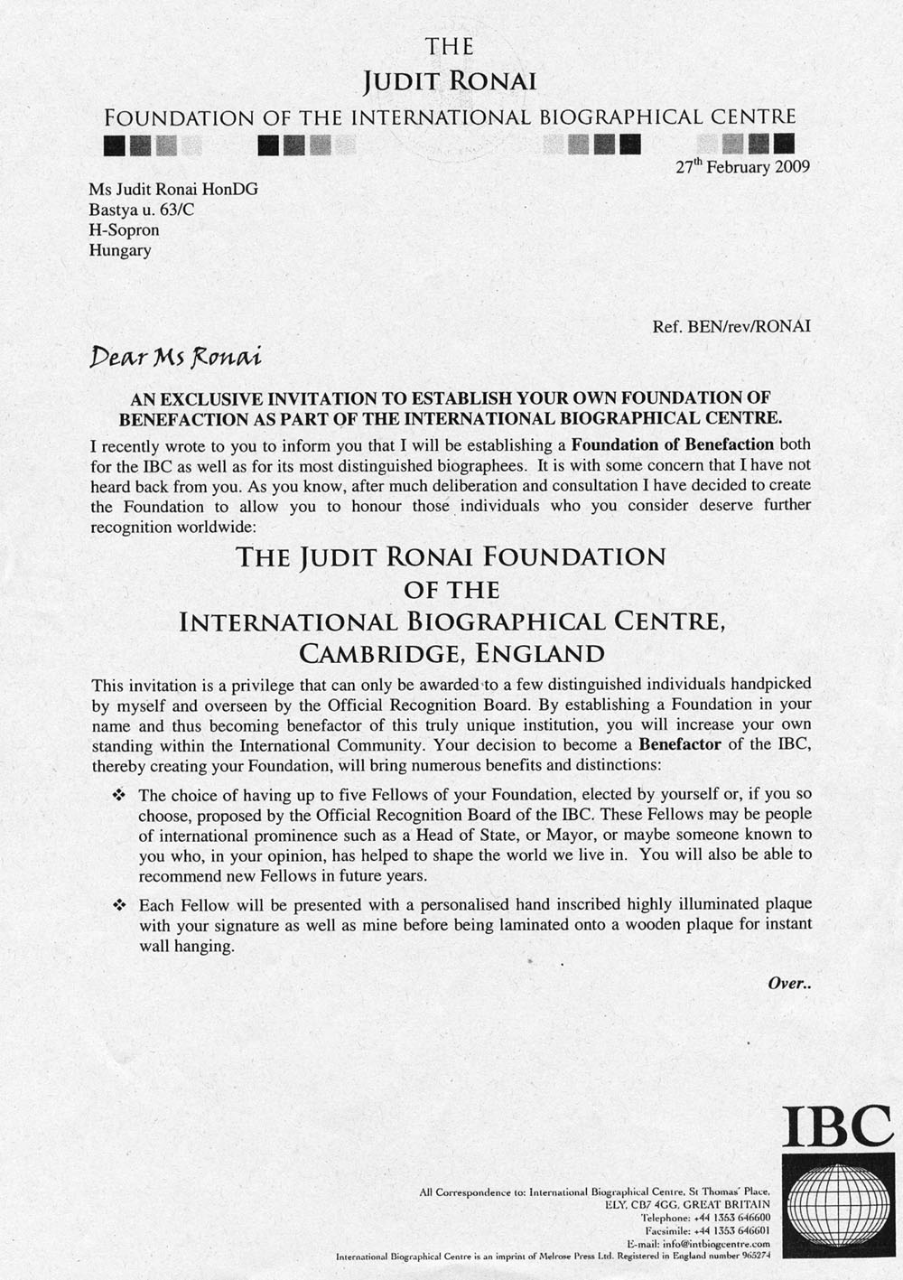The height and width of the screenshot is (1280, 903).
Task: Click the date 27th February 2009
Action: (x=742, y=167)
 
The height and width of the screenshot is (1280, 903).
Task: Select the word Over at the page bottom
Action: (x=788, y=984)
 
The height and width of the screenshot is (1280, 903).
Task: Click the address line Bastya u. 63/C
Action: (x=141, y=210)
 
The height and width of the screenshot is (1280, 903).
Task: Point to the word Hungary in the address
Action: (x=120, y=250)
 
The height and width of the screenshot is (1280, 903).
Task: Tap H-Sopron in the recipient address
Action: (x=124, y=229)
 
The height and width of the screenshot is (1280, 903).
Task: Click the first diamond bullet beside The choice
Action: (x=117, y=796)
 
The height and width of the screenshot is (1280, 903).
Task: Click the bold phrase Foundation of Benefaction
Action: (x=673, y=444)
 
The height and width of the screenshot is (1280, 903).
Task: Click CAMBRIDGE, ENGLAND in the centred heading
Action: (x=451, y=653)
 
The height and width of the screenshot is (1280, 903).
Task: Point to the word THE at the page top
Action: (x=449, y=47)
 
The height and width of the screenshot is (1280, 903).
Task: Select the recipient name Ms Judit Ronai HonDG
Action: (x=173, y=190)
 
